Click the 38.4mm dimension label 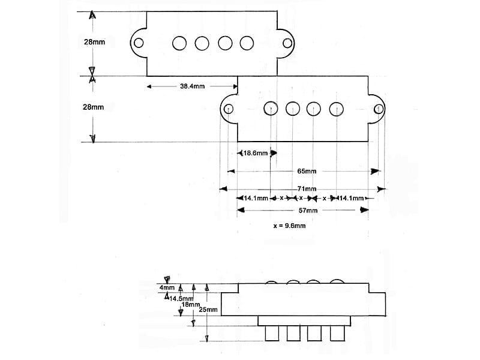(x=192, y=86)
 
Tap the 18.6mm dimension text (x=256, y=153)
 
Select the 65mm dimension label (x=307, y=171)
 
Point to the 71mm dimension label (x=307, y=189)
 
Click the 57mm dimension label (x=308, y=211)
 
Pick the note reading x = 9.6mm (x=289, y=226)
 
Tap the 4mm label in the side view (x=167, y=288)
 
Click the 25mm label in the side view (x=208, y=310)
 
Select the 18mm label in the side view (x=191, y=305)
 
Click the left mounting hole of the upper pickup (x=139, y=43)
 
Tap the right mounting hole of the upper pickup (x=287, y=43)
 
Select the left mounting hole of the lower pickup (x=229, y=109)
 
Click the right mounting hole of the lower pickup (x=379, y=109)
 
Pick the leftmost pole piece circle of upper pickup (x=179, y=43)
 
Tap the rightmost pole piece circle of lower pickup (x=337, y=109)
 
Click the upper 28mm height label (x=95, y=42)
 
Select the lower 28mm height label (x=94, y=107)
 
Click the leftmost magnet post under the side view (x=272, y=334)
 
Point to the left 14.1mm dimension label (x=256, y=199)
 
